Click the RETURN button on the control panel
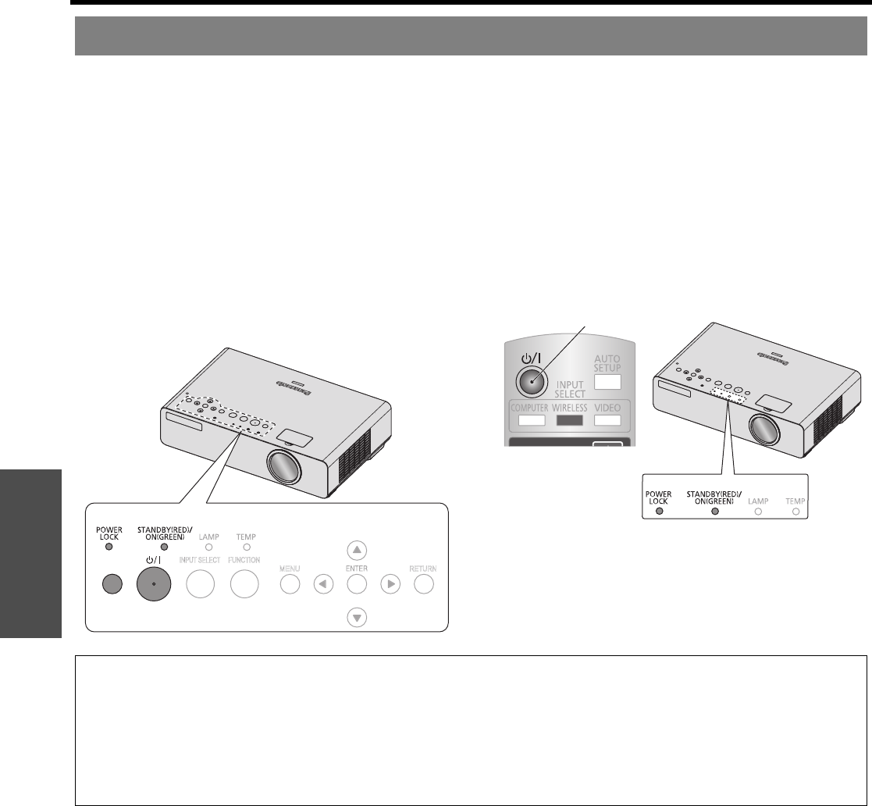click(x=424, y=584)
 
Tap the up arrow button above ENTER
click(x=357, y=550)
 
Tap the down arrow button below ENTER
click(x=357, y=618)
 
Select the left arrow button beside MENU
click(x=322, y=584)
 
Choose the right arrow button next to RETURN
click(x=390, y=584)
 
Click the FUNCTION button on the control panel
click(x=244, y=584)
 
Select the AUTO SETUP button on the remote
click(x=607, y=382)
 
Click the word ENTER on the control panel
click(x=357, y=569)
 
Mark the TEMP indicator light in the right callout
click(x=795, y=512)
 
